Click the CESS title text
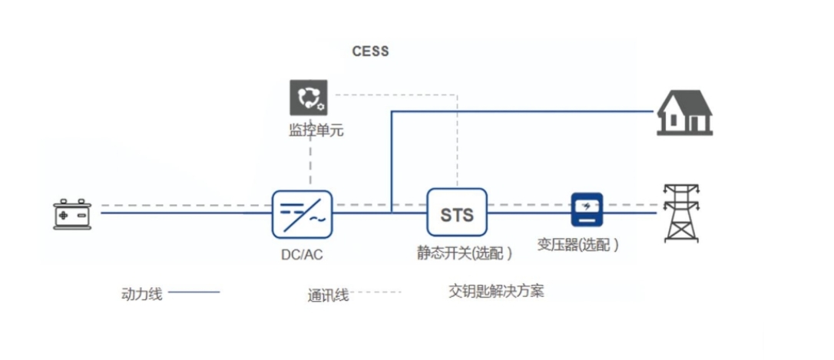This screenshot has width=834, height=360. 370,51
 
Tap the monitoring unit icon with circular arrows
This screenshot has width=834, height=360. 309,97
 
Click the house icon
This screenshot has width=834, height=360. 684,112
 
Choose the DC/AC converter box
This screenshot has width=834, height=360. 302,213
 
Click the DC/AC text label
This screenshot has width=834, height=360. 302,253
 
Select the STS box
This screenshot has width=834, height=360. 457,213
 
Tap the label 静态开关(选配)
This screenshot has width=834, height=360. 465,253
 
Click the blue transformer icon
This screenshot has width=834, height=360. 587,209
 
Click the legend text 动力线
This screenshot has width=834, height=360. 142,293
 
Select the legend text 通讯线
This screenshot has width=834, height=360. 328,295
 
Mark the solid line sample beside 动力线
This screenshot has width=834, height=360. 194,292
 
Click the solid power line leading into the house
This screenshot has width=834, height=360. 522,112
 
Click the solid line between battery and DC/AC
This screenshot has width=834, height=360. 184,213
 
